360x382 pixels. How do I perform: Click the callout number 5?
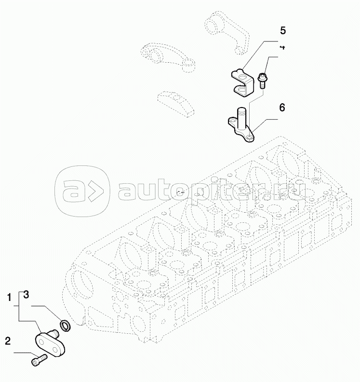click(x=282, y=31)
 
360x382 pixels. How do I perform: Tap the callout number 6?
click(x=282, y=108)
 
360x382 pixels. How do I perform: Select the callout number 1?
click(x=9, y=297)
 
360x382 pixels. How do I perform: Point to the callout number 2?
click(x=8, y=341)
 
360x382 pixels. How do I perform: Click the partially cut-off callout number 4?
click(x=282, y=47)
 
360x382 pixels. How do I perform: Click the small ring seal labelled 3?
click(x=65, y=326)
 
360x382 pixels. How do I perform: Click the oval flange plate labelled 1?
click(x=50, y=343)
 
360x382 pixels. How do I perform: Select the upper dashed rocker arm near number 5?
click(x=227, y=32)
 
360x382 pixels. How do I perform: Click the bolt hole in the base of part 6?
click(x=250, y=138)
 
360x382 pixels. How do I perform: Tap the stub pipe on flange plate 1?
click(x=54, y=333)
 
